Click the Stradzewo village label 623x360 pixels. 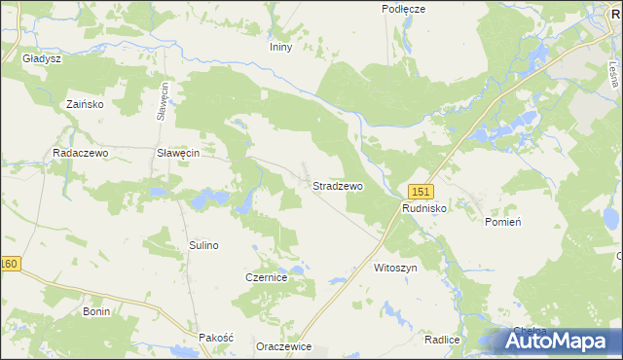[x=338, y=185]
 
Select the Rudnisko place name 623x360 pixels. [x=424, y=208]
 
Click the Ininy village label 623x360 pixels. [x=280, y=46]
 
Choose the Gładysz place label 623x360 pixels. [x=42, y=58]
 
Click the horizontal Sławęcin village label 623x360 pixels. [x=178, y=154]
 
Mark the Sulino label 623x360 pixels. [x=203, y=245]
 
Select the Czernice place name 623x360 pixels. [x=266, y=277]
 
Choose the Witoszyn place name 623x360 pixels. [x=394, y=266]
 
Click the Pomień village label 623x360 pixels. [x=503, y=222]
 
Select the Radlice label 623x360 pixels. [x=442, y=340]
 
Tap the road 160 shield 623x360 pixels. [x=10, y=264]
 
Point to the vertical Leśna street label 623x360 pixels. [x=613, y=71]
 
